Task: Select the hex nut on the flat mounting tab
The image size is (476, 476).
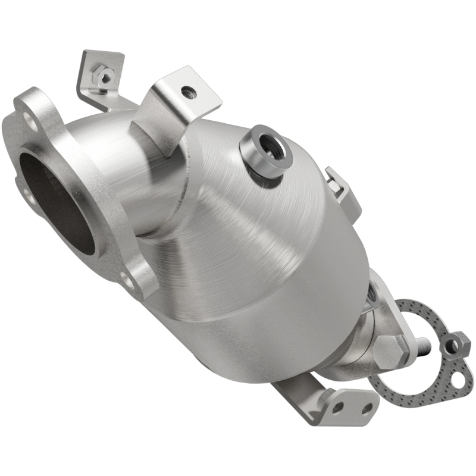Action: click(105, 76)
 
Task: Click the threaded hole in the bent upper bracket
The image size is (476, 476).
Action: click(188, 92)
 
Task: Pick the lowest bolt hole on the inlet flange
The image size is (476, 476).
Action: click(127, 277)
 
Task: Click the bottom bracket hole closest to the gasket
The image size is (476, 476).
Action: click(367, 409)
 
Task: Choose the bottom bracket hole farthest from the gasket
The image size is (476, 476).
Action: click(337, 406)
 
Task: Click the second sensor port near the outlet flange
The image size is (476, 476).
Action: click(372, 292)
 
